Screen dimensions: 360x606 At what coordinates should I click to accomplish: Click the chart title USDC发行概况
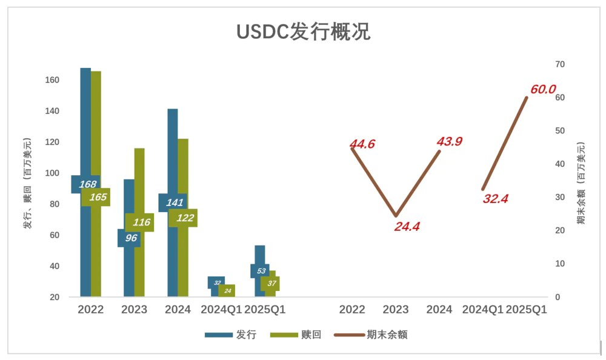(302, 32)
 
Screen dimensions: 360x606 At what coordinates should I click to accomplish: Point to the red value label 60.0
(543, 90)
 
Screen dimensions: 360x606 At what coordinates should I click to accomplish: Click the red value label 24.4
(407, 227)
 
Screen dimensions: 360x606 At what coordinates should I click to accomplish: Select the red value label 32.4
(495, 198)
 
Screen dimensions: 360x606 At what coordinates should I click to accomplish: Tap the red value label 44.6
(362, 144)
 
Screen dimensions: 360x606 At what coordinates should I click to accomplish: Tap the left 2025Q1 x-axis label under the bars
(265, 310)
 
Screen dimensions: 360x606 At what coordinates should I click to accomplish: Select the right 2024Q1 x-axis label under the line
(483, 310)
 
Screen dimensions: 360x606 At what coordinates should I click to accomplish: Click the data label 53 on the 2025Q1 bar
(261, 271)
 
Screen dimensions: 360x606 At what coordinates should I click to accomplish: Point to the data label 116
(141, 222)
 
